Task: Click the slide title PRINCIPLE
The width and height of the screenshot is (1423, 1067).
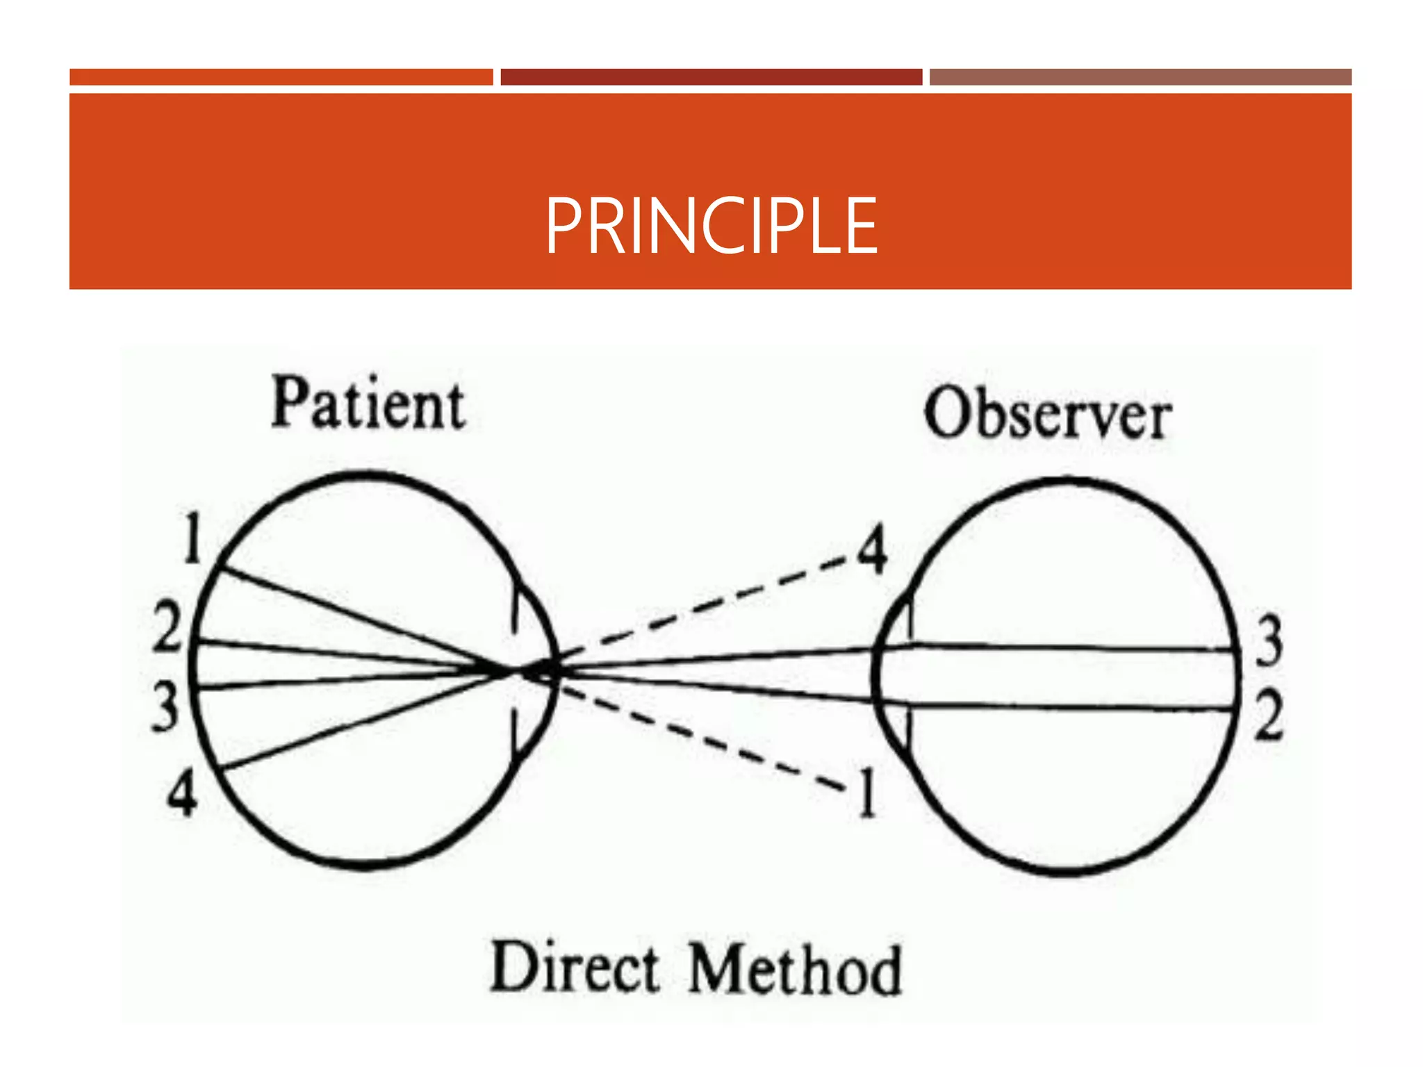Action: (711, 226)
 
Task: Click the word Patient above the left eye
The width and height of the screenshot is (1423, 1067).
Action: (368, 404)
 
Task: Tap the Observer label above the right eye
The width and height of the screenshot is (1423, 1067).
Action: (1047, 414)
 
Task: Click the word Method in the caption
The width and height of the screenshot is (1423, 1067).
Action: (795, 970)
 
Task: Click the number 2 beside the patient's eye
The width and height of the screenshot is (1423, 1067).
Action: (167, 627)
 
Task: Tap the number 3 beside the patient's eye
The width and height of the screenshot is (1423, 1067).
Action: (166, 706)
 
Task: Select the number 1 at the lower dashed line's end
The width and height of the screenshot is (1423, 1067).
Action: (866, 792)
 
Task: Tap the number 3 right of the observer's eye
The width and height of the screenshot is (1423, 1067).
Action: (1269, 640)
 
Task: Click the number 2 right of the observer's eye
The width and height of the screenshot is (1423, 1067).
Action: (1269, 716)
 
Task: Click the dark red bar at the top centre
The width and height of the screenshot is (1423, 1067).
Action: (711, 77)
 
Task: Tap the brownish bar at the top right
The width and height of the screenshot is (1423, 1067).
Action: (1140, 77)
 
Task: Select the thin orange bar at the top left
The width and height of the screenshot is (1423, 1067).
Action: (281, 77)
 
